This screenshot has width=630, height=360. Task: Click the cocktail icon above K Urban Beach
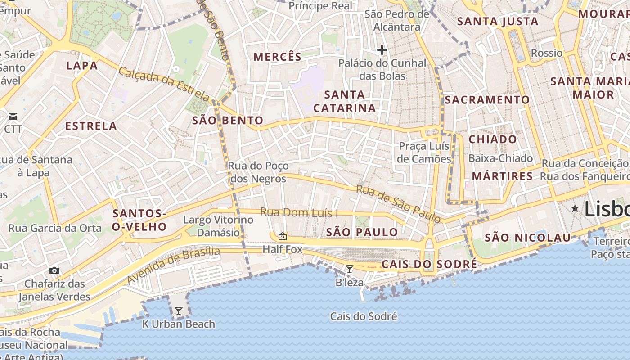tap(179, 310)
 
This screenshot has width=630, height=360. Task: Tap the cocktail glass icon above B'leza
tap(349, 269)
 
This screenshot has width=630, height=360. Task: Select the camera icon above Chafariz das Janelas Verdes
tap(54, 270)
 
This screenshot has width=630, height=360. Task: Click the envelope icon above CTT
tap(13, 117)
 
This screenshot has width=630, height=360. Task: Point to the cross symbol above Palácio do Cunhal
tap(382, 49)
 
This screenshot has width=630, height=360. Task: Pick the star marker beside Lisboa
tap(575, 208)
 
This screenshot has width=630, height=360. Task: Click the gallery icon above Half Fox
tap(282, 236)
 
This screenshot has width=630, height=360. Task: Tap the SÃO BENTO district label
tap(228, 121)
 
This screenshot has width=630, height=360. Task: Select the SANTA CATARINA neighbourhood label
tap(345, 101)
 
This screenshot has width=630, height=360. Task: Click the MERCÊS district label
tap(278, 57)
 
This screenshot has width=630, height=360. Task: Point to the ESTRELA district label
tap(91, 126)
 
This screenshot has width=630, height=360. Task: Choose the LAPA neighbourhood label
tap(82, 66)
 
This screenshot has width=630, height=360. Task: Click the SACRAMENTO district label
tap(487, 100)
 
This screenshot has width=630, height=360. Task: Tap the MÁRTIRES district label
tap(503, 176)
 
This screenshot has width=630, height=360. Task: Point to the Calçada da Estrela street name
tap(164, 84)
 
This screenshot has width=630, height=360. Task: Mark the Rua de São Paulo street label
tap(398, 204)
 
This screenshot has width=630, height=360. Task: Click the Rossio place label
tap(547, 53)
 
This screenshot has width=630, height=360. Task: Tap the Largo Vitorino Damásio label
tap(218, 226)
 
